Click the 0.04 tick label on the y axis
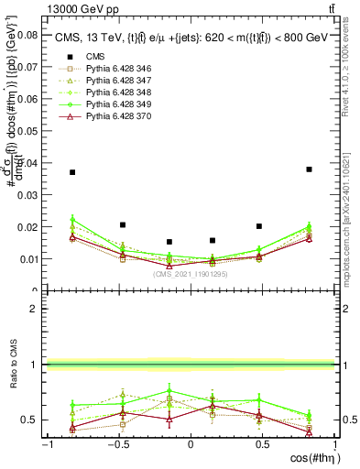(x=27, y=163)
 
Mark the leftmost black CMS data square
(x=72, y=172)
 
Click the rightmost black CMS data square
(x=310, y=169)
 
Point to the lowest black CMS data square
(x=169, y=242)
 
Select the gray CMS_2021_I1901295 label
(x=191, y=274)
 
